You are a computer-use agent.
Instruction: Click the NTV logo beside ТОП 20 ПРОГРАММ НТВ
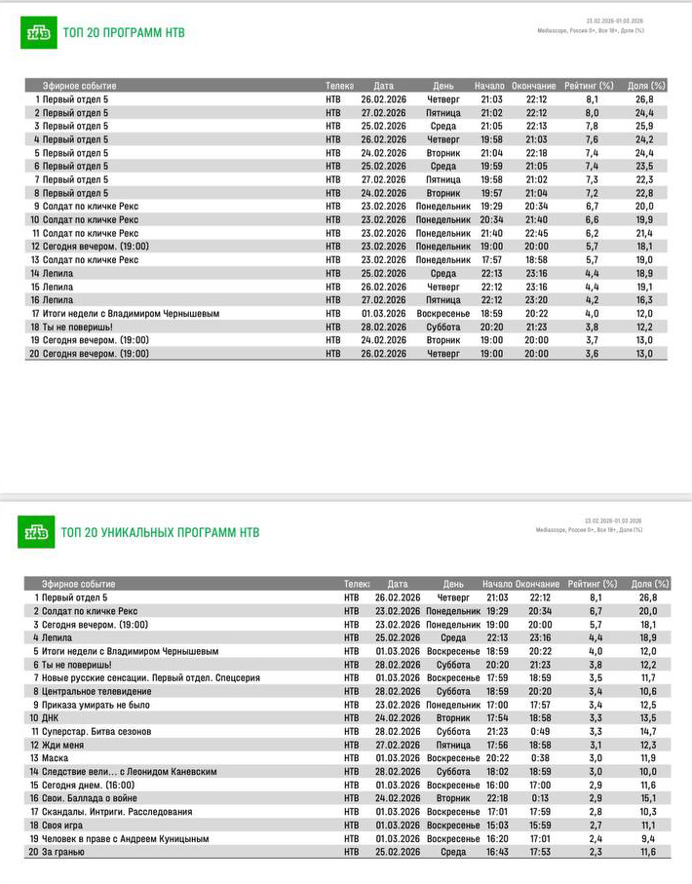(38, 32)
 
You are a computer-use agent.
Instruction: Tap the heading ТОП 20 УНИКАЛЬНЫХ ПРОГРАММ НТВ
(161, 532)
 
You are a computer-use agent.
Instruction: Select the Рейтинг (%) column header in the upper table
(593, 86)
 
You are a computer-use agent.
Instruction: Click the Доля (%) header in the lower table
(650, 584)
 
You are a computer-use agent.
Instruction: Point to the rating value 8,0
(593, 112)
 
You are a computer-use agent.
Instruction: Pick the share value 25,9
(644, 126)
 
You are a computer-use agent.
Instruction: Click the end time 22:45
(537, 233)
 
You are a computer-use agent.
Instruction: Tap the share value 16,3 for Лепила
(644, 300)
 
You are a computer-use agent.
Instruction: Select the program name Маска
(55, 757)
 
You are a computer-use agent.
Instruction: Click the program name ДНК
(52, 717)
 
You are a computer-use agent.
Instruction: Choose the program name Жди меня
(63, 744)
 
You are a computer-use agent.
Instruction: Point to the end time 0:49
(541, 731)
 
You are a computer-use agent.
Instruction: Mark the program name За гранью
(63, 852)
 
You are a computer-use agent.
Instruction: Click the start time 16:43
(497, 852)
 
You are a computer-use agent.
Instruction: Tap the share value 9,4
(648, 838)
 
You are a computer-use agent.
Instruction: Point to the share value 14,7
(648, 731)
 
